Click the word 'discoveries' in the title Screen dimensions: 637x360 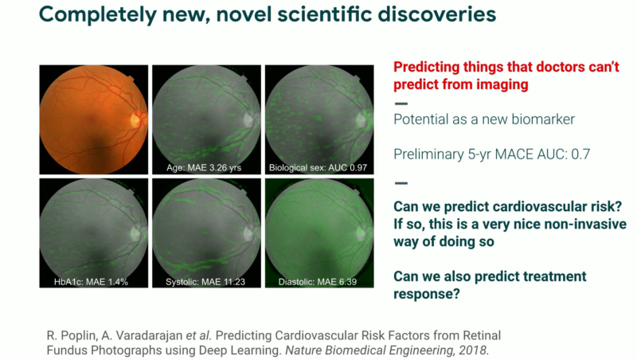point(436,14)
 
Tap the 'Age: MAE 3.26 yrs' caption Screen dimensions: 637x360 point(204,167)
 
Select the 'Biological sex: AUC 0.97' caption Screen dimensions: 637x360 point(318,167)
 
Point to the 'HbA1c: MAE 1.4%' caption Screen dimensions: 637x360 point(91,282)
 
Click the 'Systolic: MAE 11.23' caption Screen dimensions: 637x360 point(205,282)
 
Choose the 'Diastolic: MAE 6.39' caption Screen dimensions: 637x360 point(318,282)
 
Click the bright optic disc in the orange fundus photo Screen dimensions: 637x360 point(135,119)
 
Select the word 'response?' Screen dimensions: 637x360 point(427,294)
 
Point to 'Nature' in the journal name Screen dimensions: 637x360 point(306,350)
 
